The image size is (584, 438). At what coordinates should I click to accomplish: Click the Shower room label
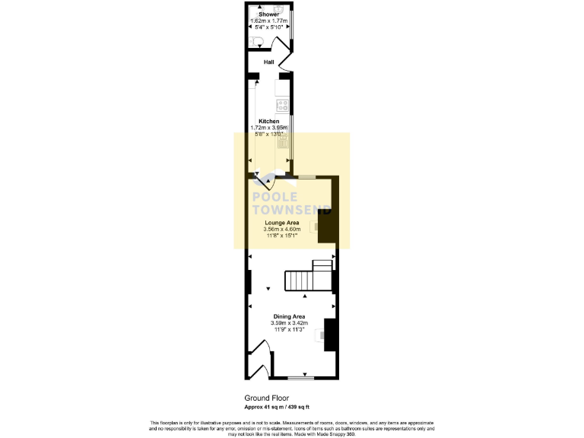click(x=268, y=14)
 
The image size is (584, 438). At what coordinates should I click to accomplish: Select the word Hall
click(x=268, y=62)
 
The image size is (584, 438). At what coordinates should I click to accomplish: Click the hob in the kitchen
click(x=282, y=105)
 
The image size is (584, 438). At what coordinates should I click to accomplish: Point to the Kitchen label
click(x=268, y=122)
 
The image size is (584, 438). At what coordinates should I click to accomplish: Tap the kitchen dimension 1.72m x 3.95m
click(x=268, y=128)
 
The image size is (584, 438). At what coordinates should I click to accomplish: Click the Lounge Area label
click(x=281, y=223)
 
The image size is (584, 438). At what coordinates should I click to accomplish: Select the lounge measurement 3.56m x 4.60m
click(x=281, y=229)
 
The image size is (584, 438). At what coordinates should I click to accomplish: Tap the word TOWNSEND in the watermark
click(x=290, y=210)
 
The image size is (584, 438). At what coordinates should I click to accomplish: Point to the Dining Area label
click(x=289, y=316)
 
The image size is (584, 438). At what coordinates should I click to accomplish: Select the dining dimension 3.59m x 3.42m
click(x=289, y=323)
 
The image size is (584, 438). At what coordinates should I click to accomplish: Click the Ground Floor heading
click(x=266, y=398)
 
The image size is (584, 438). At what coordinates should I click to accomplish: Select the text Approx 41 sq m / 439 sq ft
click(x=277, y=407)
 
